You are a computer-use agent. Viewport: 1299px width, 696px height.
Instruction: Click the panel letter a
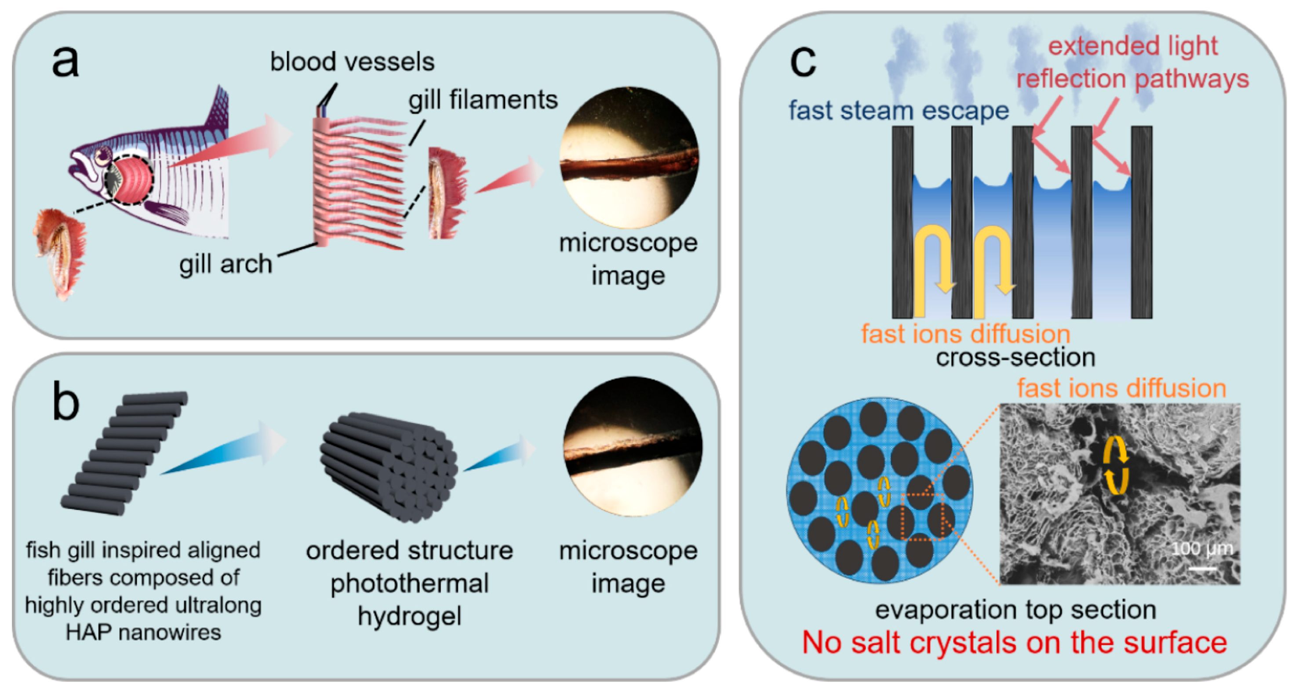pyautogui.click(x=65, y=62)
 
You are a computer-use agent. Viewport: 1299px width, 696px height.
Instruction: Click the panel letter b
pyautogui.click(x=65, y=402)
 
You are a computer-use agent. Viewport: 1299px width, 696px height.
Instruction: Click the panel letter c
pyautogui.click(x=802, y=62)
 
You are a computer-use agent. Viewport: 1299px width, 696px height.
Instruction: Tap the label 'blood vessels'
pyautogui.click(x=352, y=62)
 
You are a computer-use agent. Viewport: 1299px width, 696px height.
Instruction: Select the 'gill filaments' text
pyautogui.click(x=483, y=100)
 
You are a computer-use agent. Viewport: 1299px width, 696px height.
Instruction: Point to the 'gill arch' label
pyautogui.click(x=226, y=264)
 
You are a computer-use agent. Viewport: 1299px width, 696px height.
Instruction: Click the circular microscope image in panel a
pyautogui.click(x=629, y=157)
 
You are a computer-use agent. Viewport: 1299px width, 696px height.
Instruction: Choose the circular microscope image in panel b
pyautogui.click(x=633, y=446)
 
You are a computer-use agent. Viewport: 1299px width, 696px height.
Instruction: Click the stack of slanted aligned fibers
pyautogui.click(x=125, y=453)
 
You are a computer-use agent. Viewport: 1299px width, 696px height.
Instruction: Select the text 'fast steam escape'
pyautogui.click(x=898, y=110)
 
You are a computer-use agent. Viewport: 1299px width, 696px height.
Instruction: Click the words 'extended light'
pyautogui.click(x=1132, y=47)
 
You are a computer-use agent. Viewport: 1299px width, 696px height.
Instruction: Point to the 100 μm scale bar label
pyautogui.click(x=1202, y=549)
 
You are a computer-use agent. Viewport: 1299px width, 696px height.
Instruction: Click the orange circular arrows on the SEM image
pyautogui.click(x=1115, y=465)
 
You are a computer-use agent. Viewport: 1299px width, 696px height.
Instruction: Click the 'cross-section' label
pyautogui.click(x=1015, y=357)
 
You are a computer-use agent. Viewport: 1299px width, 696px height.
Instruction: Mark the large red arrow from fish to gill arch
pyautogui.click(x=227, y=144)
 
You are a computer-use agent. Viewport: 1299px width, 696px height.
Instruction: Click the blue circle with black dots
pyautogui.click(x=880, y=490)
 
